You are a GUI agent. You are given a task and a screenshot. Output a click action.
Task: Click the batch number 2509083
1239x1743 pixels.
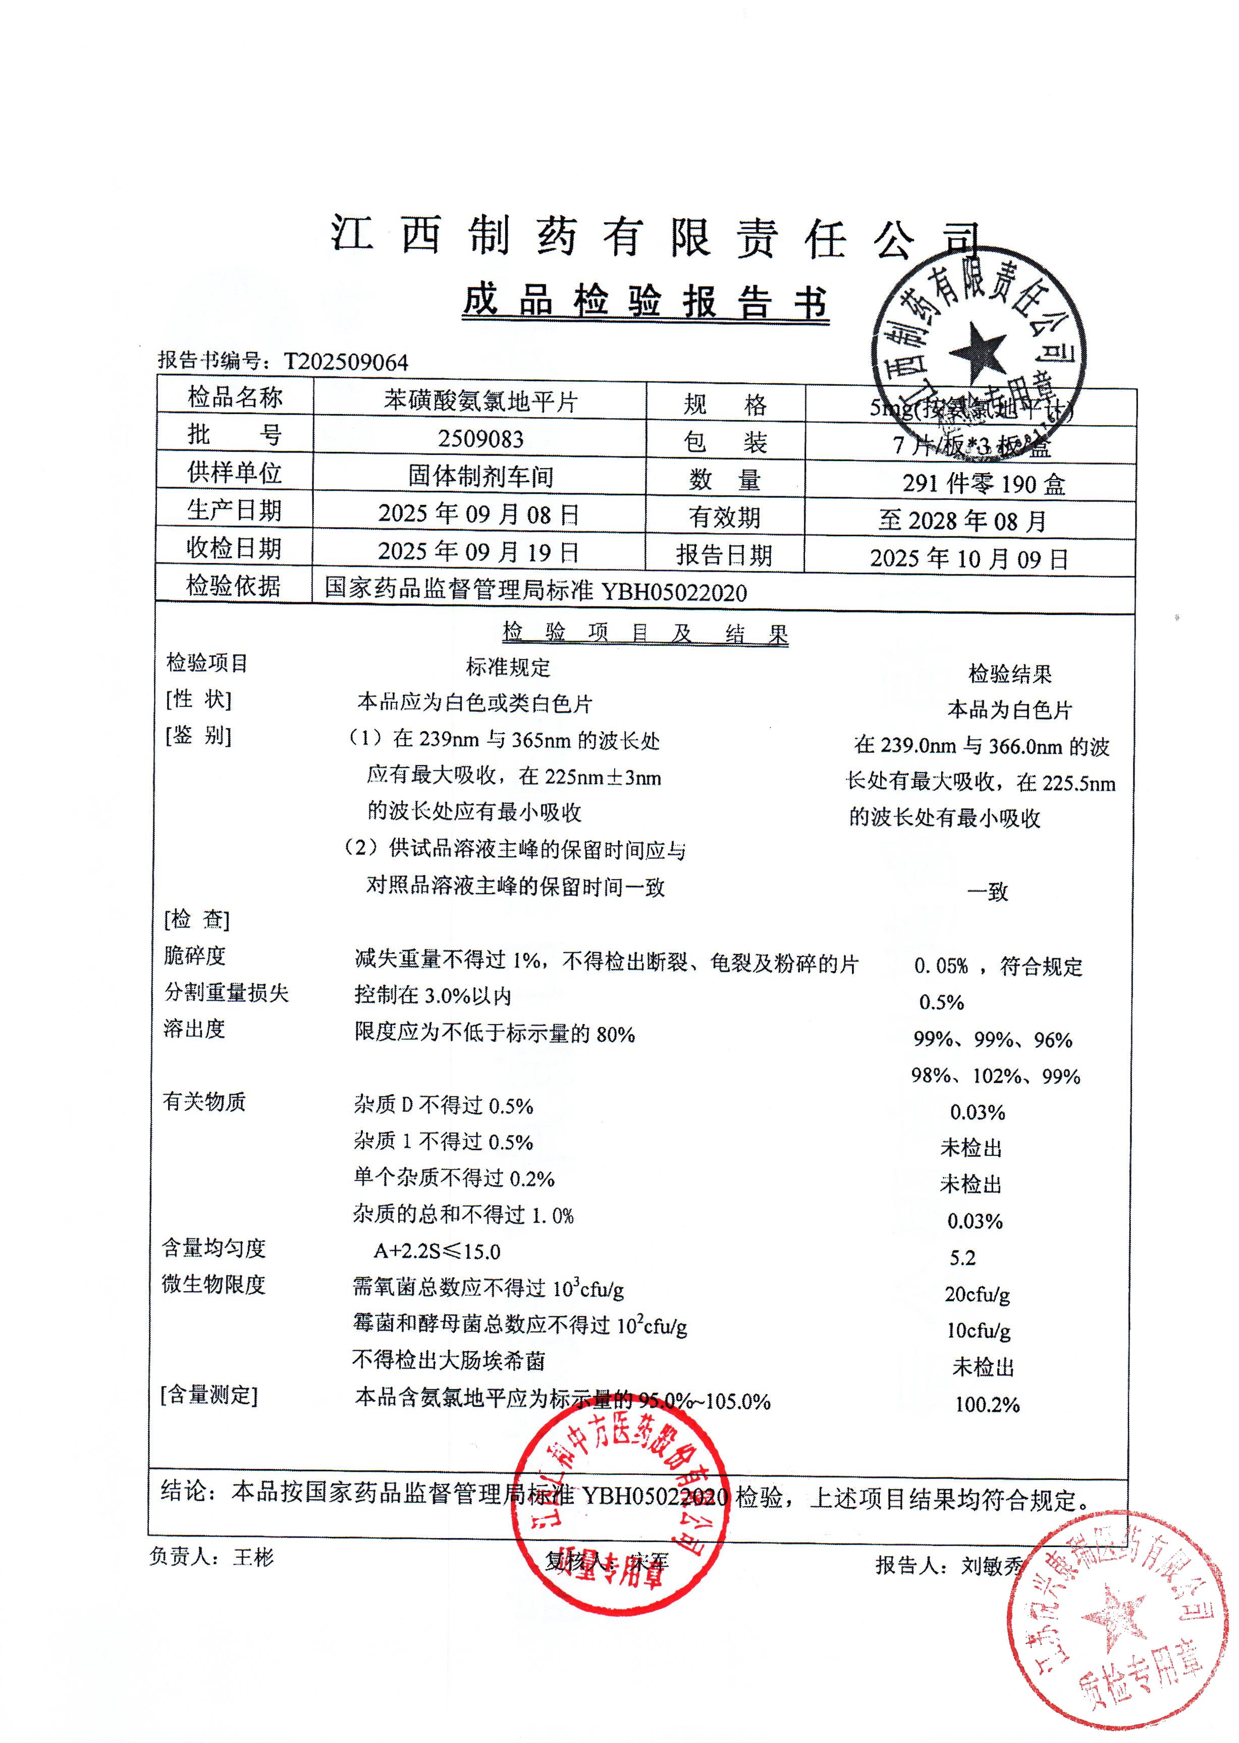click(x=480, y=439)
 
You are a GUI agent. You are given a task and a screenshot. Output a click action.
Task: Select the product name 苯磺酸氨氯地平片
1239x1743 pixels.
click(x=480, y=400)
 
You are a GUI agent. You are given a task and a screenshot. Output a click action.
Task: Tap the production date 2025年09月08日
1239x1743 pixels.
click(x=478, y=514)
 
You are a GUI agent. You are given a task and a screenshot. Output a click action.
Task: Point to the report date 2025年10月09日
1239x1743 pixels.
click(x=969, y=558)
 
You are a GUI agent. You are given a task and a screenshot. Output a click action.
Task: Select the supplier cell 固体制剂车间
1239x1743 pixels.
click(x=480, y=476)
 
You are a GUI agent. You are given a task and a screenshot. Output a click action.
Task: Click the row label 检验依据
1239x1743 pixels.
click(x=234, y=586)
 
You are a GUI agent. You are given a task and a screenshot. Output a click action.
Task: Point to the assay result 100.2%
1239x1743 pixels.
click(x=987, y=1404)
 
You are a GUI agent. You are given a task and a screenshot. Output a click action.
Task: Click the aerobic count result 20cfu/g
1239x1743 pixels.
click(x=977, y=1294)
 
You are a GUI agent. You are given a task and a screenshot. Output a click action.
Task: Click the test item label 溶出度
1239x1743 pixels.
click(x=194, y=1029)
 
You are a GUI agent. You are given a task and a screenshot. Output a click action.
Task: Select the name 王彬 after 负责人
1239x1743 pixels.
click(x=253, y=1557)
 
